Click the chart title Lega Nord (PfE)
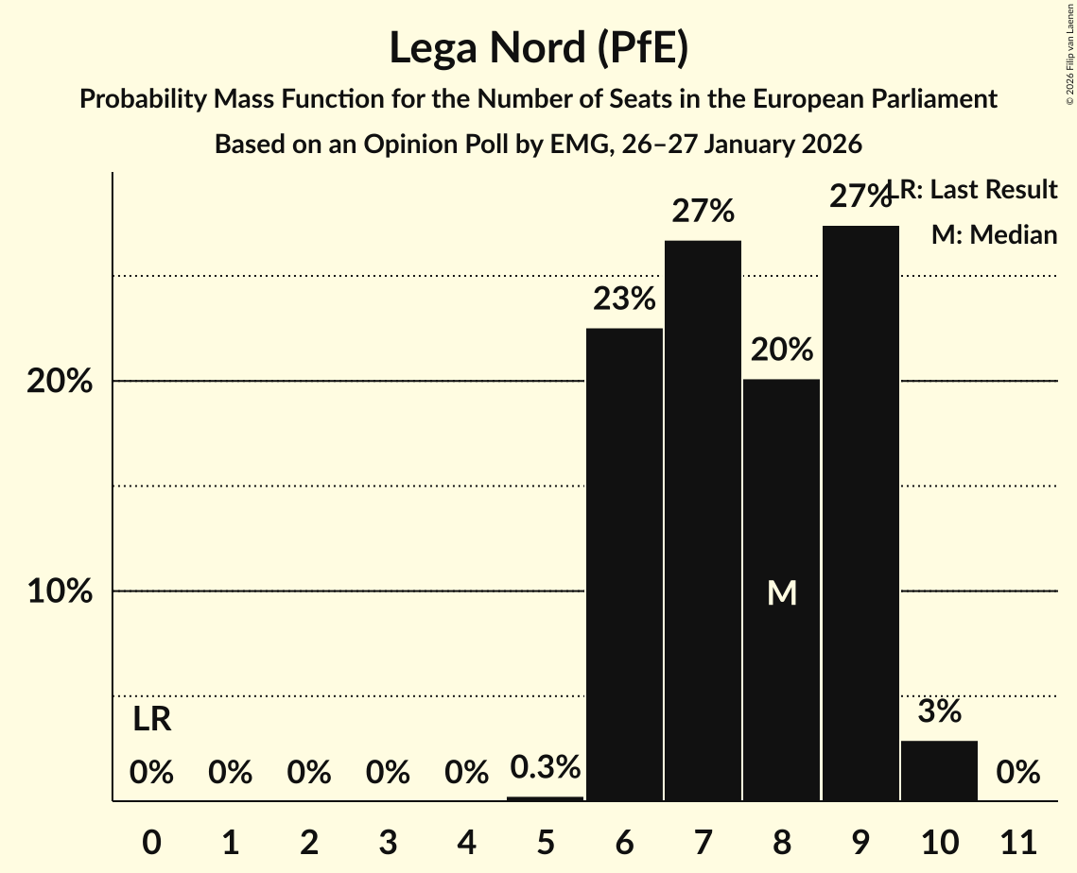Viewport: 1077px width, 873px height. coord(538,48)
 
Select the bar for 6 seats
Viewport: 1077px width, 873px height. coord(624,564)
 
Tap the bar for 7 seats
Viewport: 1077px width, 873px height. coord(703,521)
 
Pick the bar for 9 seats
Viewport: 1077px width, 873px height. coord(860,513)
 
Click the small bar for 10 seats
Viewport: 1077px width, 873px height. coord(939,770)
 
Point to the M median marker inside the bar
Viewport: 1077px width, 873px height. coord(782,592)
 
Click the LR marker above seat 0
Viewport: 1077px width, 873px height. coord(151,720)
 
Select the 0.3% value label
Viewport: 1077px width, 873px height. coord(545,767)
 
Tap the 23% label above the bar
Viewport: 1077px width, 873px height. coord(624,300)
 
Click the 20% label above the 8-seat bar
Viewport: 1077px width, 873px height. coord(782,351)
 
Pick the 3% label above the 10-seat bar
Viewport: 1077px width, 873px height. coord(939,711)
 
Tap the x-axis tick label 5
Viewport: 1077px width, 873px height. coord(546,839)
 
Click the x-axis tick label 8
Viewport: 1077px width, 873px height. coord(782,839)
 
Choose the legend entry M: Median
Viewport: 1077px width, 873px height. coord(994,234)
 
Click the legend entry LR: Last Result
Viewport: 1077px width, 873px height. coord(979,190)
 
